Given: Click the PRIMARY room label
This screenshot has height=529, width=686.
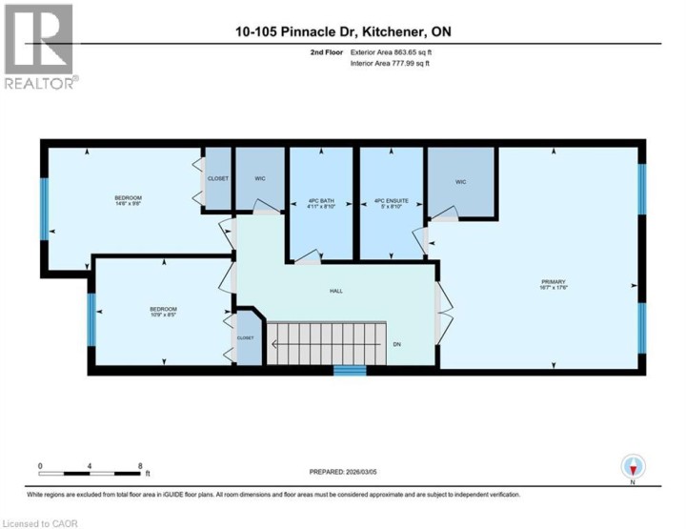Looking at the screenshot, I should (x=554, y=283).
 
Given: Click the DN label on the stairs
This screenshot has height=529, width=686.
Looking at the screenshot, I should (x=396, y=344).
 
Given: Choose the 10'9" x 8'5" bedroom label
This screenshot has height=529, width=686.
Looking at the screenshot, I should (x=163, y=312).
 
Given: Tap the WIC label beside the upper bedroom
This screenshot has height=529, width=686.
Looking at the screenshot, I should (x=258, y=179).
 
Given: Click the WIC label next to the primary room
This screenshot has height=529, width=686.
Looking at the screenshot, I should (x=460, y=181).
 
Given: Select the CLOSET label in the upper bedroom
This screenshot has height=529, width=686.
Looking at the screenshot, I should (x=218, y=177).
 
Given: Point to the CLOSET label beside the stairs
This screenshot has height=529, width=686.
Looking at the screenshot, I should (x=245, y=338).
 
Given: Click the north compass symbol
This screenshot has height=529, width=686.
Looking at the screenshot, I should (x=633, y=466).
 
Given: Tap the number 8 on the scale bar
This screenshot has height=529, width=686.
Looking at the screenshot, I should (x=140, y=466).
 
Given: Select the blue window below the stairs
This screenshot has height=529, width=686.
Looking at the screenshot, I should (x=349, y=370).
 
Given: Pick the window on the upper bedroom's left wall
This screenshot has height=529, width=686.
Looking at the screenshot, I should (x=44, y=201).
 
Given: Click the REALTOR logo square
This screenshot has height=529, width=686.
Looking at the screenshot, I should (x=37, y=39).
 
